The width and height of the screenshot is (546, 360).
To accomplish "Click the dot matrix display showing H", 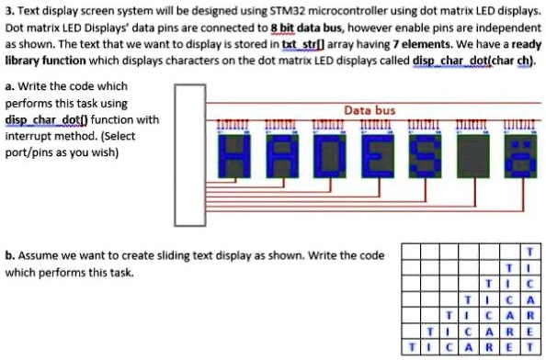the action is [235, 155].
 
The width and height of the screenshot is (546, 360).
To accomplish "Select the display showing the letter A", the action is [283, 155].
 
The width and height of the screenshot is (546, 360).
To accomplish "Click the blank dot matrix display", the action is [472, 155].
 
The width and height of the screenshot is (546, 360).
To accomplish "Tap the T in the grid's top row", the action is [529, 251].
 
